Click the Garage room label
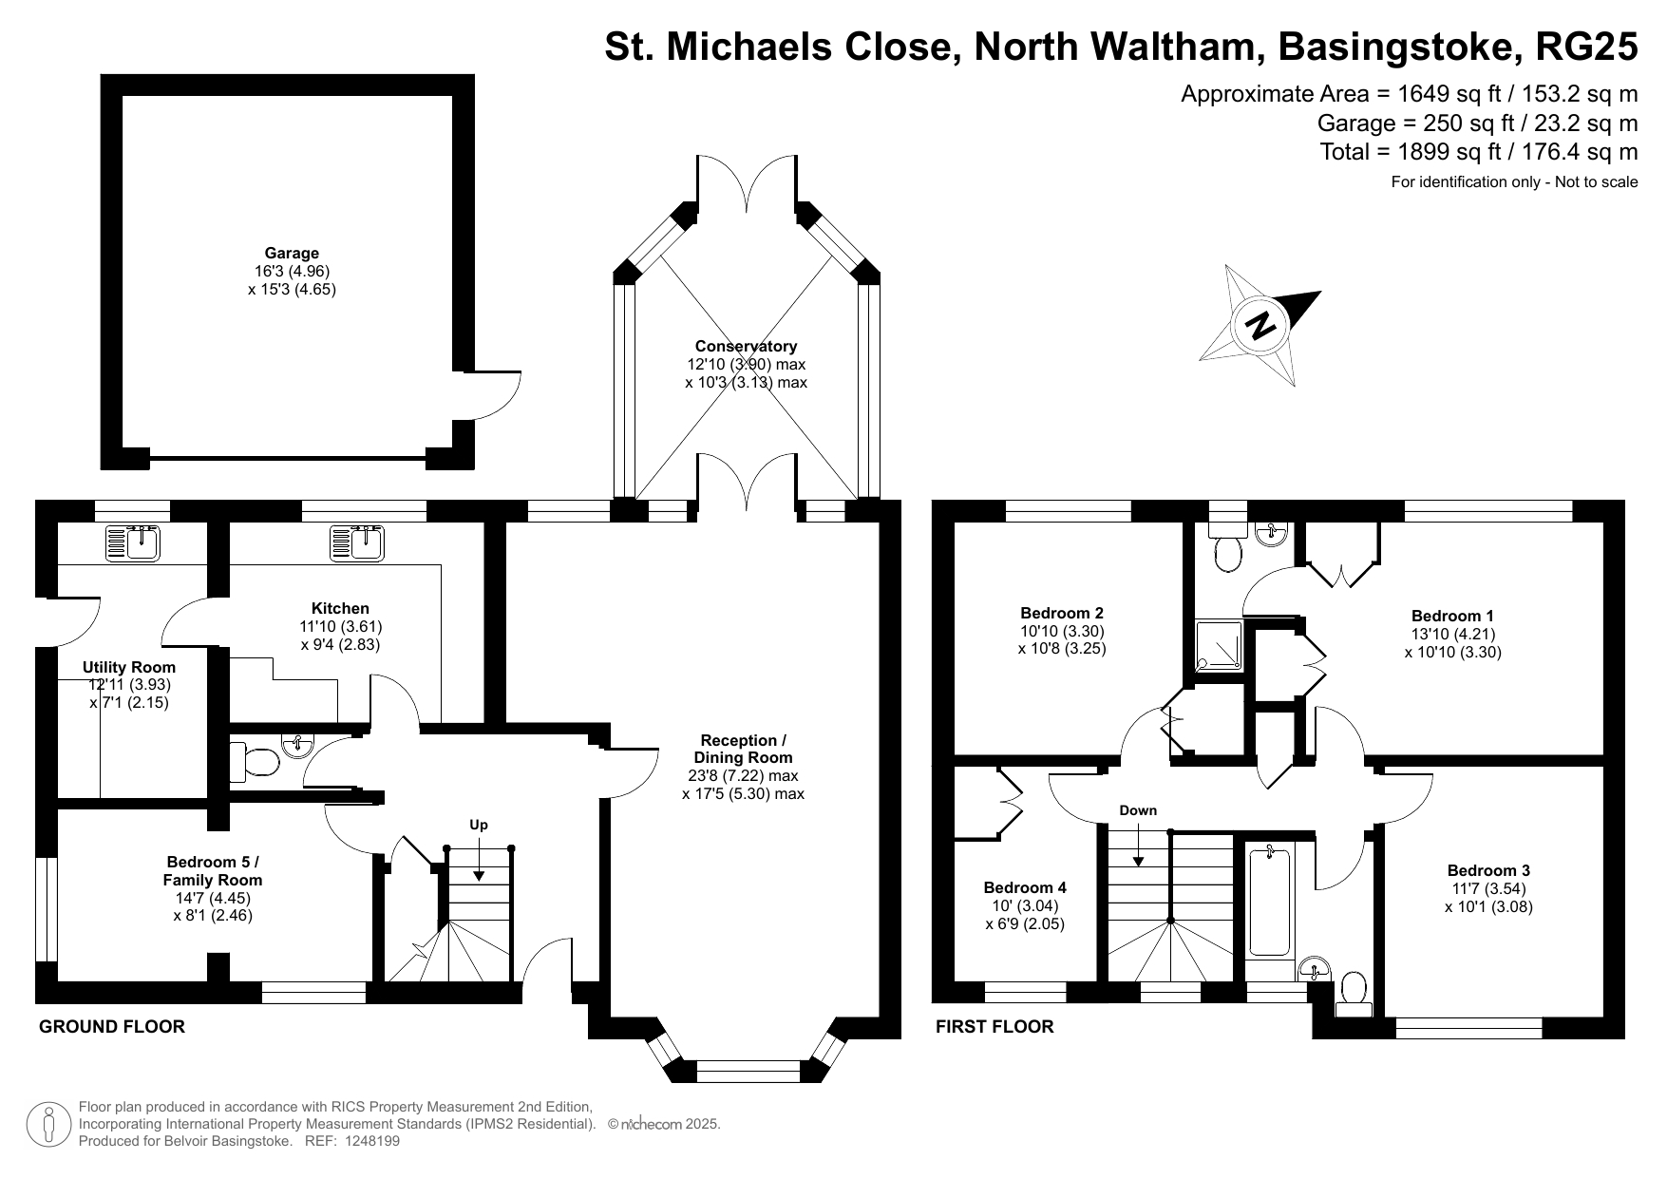click(292, 253)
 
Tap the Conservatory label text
click(746, 347)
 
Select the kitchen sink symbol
click(357, 544)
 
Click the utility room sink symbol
click(134, 543)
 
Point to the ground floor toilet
click(254, 762)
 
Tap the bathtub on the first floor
click(1269, 902)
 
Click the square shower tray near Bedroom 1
click(1218, 647)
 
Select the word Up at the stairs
click(479, 825)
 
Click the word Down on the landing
click(1138, 810)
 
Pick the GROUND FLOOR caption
click(112, 1026)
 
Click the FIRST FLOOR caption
click(995, 1026)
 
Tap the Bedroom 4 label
click(1025, 887)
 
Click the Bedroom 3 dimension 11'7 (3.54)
click(1488, 888)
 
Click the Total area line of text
click(1478, 152)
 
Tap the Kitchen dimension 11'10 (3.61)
click(340, 626)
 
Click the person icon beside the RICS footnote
click(47, 1124)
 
